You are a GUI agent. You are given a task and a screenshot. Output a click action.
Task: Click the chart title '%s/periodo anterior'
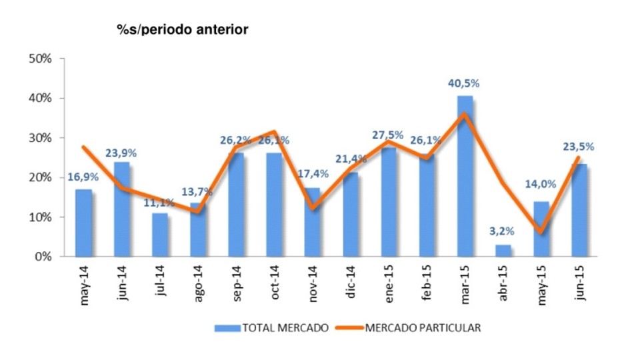182,29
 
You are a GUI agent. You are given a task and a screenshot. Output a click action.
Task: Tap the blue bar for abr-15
503,251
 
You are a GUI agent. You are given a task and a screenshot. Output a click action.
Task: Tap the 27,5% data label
387,135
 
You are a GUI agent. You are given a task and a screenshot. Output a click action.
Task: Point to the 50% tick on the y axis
41,59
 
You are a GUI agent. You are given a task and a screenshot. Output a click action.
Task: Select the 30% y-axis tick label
41,138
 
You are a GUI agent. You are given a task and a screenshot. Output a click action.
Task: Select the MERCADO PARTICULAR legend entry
413,327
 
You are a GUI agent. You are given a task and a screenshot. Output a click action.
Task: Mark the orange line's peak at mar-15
465,114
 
